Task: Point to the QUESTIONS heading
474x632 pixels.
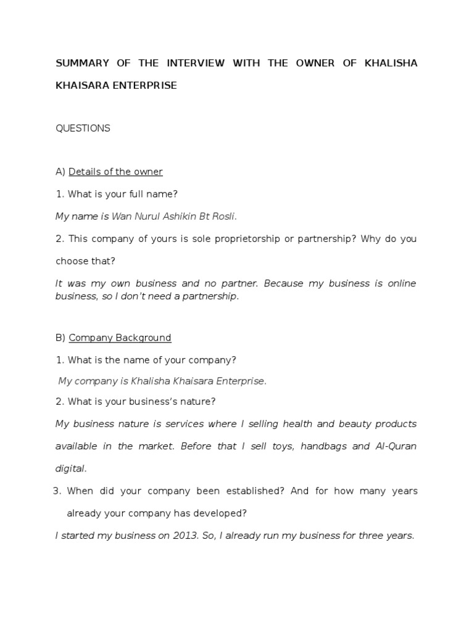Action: (x=83, y=128)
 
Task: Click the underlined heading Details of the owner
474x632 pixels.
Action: (x=115, y=172)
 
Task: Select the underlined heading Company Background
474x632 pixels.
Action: (x=120, y=338)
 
